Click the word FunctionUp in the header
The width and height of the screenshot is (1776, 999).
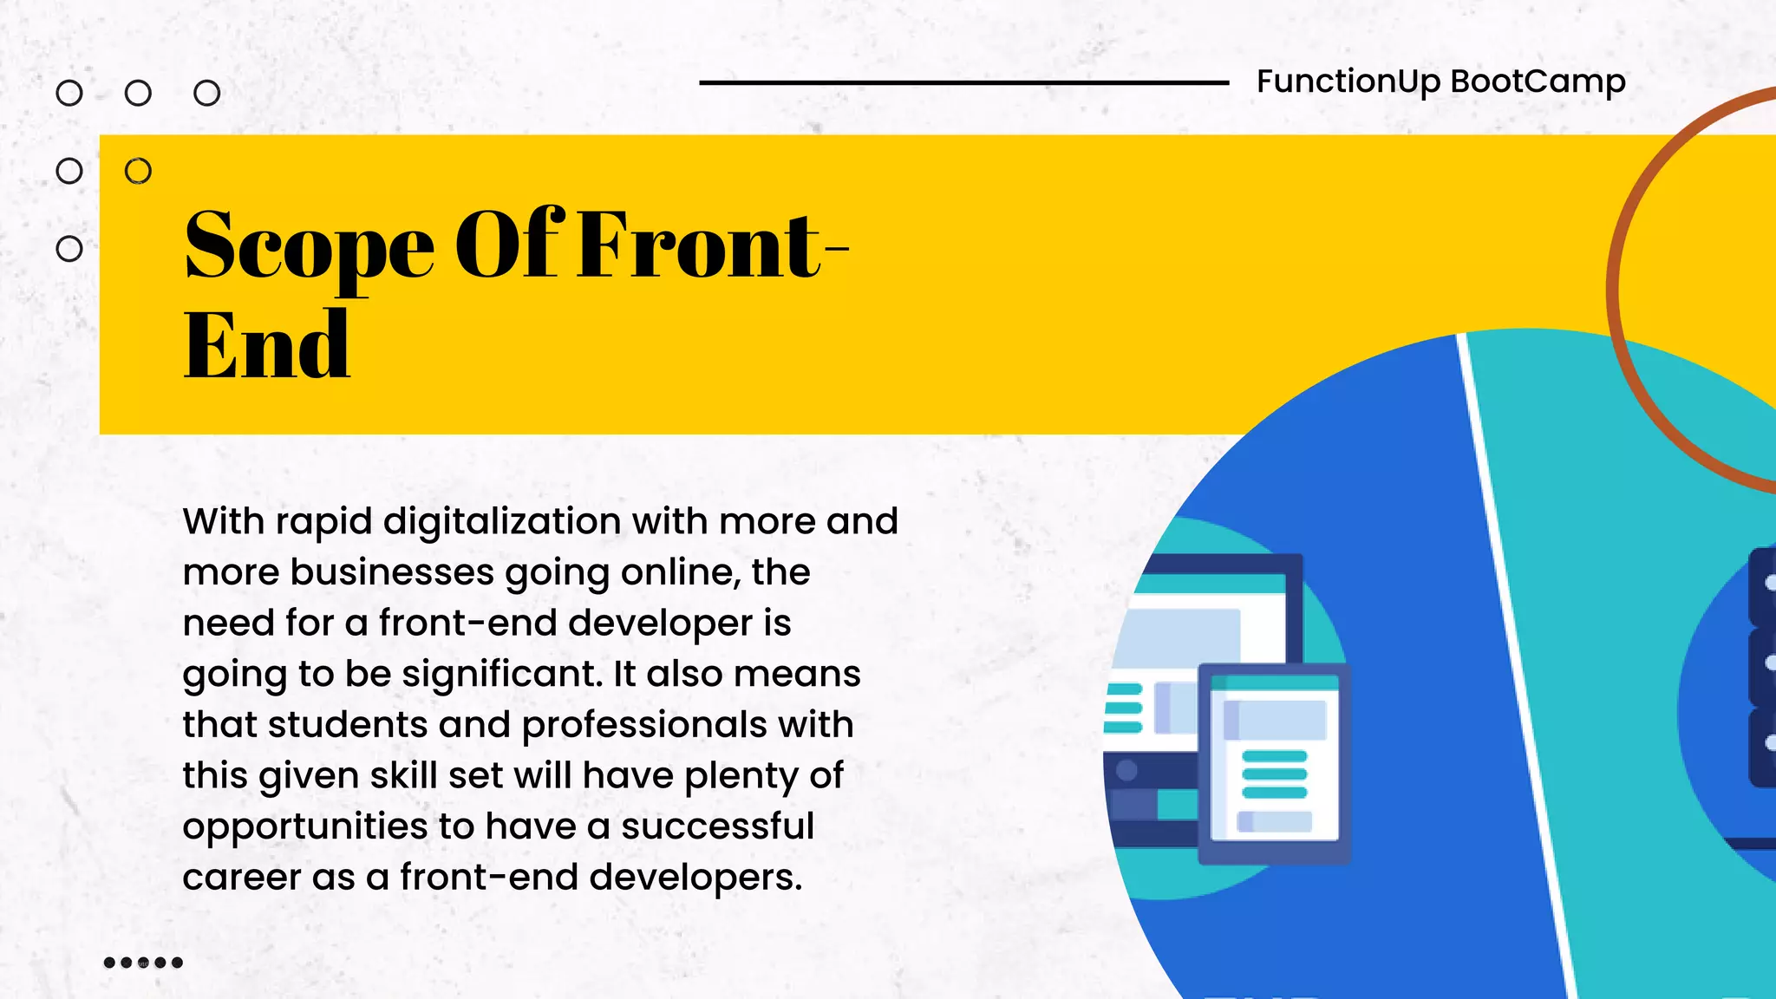click(1348, 82)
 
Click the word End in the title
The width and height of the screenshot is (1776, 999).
click(266, 347)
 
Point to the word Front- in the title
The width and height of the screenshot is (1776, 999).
click(712, 246)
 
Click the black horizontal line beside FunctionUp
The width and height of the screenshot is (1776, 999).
click(963, 83)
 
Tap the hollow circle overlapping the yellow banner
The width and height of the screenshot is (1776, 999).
click(138, 171)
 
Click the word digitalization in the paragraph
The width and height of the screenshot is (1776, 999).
click(502, 522)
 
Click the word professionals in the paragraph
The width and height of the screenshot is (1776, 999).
click(644, 725)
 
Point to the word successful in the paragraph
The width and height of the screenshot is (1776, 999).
click(717, 826)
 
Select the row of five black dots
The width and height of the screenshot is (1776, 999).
click(143, 963)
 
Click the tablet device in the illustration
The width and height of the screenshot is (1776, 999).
click(1273, 764)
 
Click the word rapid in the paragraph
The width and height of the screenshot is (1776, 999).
click(323, 522)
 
